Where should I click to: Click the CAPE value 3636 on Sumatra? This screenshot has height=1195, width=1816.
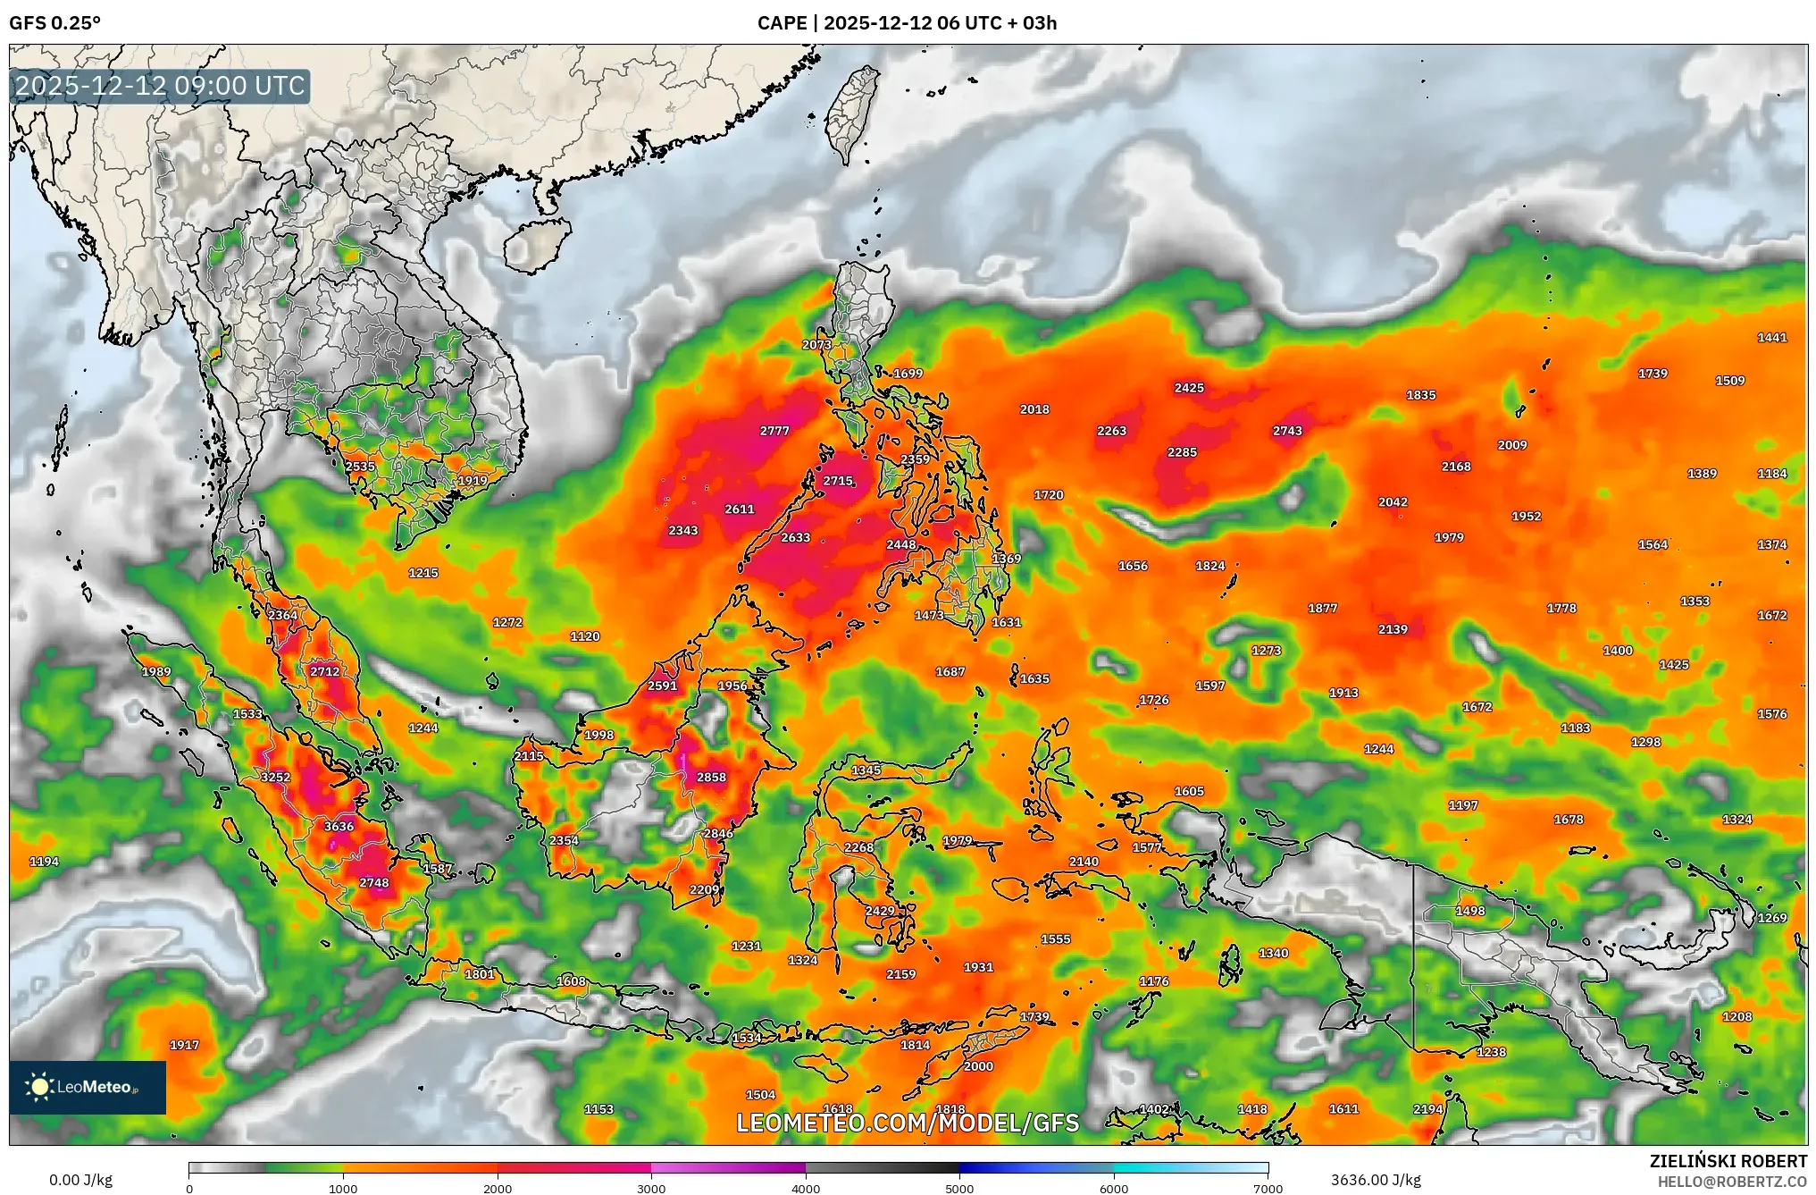(339, 827)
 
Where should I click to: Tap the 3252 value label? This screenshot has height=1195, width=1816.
(275, 778)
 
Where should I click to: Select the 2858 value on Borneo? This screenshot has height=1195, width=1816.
(711, 778)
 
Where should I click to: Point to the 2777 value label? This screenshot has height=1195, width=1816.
(774, 431)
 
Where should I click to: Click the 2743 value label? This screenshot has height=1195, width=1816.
(1287, 431)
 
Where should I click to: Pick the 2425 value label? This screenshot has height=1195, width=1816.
(1189, 388)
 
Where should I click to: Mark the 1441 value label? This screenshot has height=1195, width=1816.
(1772, 338)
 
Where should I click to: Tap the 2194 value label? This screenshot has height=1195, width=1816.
(1428, 1109)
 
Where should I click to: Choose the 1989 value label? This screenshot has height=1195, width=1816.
(156, 672)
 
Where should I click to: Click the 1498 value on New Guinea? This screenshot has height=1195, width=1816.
(1470, 912)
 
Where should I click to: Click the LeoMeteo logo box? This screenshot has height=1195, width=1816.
(88, 1087)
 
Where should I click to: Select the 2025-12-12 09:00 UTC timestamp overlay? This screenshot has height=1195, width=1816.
(161, 86)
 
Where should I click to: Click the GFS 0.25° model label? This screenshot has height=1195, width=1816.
(55, 23)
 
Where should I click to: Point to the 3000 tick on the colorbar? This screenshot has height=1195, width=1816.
(651, 1188)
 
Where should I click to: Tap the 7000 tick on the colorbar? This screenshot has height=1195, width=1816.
(1268, 1188)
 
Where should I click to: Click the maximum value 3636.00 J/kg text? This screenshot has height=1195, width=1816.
(1376, 1180)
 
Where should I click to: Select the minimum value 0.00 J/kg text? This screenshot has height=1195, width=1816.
(80, 1180)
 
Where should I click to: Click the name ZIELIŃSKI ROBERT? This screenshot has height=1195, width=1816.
(1728, 1161)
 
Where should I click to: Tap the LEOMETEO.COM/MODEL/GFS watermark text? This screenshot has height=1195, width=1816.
(908, 1123)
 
